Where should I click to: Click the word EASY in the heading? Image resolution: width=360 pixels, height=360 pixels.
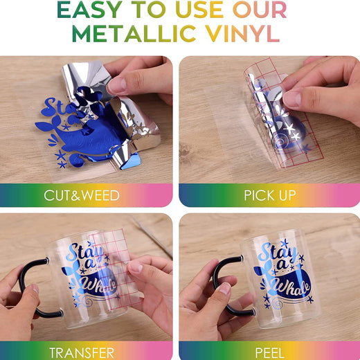89,10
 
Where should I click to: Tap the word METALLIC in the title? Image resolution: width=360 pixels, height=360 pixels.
134,34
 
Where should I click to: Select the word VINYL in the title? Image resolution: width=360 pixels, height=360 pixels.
242,34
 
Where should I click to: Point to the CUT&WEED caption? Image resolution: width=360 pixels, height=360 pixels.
82,195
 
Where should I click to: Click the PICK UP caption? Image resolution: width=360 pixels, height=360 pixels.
270,195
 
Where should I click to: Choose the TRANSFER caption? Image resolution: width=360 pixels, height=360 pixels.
82,353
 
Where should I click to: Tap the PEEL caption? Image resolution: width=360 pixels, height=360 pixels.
269,353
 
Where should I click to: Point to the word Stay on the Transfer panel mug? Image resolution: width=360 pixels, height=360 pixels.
86,253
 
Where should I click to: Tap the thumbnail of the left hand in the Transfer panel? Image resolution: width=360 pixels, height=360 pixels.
35,289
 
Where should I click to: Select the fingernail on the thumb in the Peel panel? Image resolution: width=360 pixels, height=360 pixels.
224,288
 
